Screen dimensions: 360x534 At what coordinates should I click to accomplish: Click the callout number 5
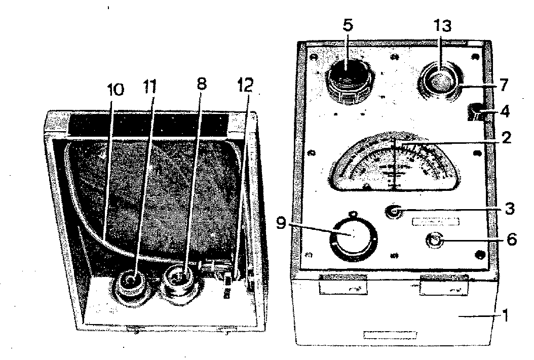coord(347,25)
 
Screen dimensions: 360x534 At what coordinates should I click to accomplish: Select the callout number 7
coord(504,85)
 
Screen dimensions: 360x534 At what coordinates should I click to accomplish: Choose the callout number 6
coord(511,239)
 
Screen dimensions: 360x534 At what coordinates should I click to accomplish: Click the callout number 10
coord(115,90)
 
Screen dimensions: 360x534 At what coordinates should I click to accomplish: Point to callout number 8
coord(201,85)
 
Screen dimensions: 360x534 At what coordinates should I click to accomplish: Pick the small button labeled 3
coord(393,211)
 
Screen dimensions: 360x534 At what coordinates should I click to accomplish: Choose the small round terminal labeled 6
coord(434,241)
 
